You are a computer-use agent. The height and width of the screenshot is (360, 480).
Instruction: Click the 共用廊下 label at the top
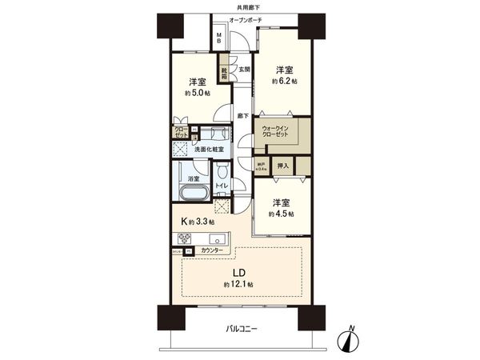[240, 6]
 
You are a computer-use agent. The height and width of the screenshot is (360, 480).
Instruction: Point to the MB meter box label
[221, 38]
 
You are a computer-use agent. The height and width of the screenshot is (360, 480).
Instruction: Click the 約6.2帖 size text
[284, 82]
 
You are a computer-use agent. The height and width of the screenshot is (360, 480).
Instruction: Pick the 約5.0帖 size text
[198, 93]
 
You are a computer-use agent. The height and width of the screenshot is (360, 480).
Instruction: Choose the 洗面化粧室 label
[207, 150]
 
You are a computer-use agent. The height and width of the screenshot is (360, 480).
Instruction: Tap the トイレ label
[222, 186]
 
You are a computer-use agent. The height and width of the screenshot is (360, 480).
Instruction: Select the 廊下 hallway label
[242, 117]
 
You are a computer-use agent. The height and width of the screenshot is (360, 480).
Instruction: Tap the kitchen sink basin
[215, 238]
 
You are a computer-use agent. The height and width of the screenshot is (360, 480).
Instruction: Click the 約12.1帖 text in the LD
[238, 285]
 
